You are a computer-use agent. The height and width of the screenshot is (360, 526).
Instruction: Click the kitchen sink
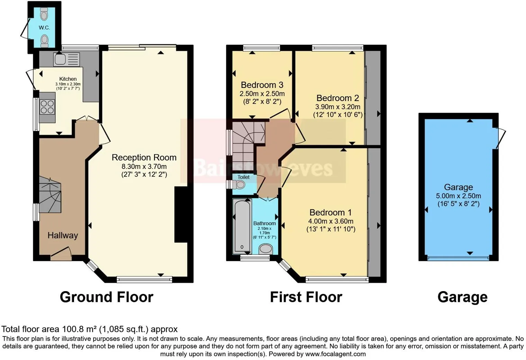pos(67,59)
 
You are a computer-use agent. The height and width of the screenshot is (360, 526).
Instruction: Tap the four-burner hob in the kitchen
pos(47,107)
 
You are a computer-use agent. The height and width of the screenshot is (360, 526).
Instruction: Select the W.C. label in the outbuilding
pos(44,28)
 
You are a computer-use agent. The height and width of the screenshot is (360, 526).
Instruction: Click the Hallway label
pos(63,235)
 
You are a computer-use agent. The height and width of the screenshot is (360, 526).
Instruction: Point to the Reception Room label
pos(144,157)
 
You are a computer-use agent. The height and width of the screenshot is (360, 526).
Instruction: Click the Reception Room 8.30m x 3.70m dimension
pos(144,166)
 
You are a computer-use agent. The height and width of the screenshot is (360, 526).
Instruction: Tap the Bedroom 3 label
pos(262,85)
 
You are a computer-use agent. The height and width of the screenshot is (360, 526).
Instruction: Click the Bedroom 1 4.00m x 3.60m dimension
pos(330,221)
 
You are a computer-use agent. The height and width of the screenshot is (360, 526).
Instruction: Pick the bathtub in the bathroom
pos(242,226)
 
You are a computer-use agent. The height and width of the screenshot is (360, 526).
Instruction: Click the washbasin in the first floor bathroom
pos(266,249)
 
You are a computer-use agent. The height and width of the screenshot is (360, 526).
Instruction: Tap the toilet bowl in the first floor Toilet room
pos(239,184)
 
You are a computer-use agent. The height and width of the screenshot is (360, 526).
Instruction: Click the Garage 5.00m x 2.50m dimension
pos(459,196)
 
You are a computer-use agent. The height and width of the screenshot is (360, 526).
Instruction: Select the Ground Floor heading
pos(107,297)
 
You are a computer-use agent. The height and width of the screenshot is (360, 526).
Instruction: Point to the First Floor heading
pos(306,297)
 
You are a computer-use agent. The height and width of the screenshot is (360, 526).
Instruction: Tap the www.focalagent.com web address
pos(335,354)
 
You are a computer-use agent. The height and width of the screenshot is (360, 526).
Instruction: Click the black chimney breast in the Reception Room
pos(181,214)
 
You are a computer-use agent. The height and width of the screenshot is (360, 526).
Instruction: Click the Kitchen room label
pos(68,79)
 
